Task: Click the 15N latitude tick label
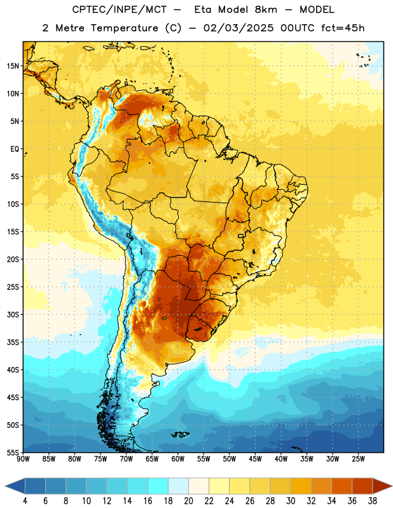(13, 66)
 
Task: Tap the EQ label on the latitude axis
(15, 149)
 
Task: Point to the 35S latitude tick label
(13, 342)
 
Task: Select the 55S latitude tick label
(13, 453)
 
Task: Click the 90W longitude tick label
(23, 459)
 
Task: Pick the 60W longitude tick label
(178, 459)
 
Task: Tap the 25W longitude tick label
(358, 459)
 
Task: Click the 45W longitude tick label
(255, 459)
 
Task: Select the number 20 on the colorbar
(188, 501)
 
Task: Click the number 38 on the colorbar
(372, 501)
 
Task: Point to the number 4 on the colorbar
(25, 501)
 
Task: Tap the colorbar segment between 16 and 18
(158, 486)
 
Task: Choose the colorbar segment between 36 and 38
(362, 486)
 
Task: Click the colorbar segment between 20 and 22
(198, 486)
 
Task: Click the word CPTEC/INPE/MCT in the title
(120, 10)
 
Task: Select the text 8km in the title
(266, 10)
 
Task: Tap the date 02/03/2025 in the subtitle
(238, 28)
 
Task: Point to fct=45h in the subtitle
(343, 28)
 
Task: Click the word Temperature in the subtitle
(124, 28)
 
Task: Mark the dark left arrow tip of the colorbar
(6, 486)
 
